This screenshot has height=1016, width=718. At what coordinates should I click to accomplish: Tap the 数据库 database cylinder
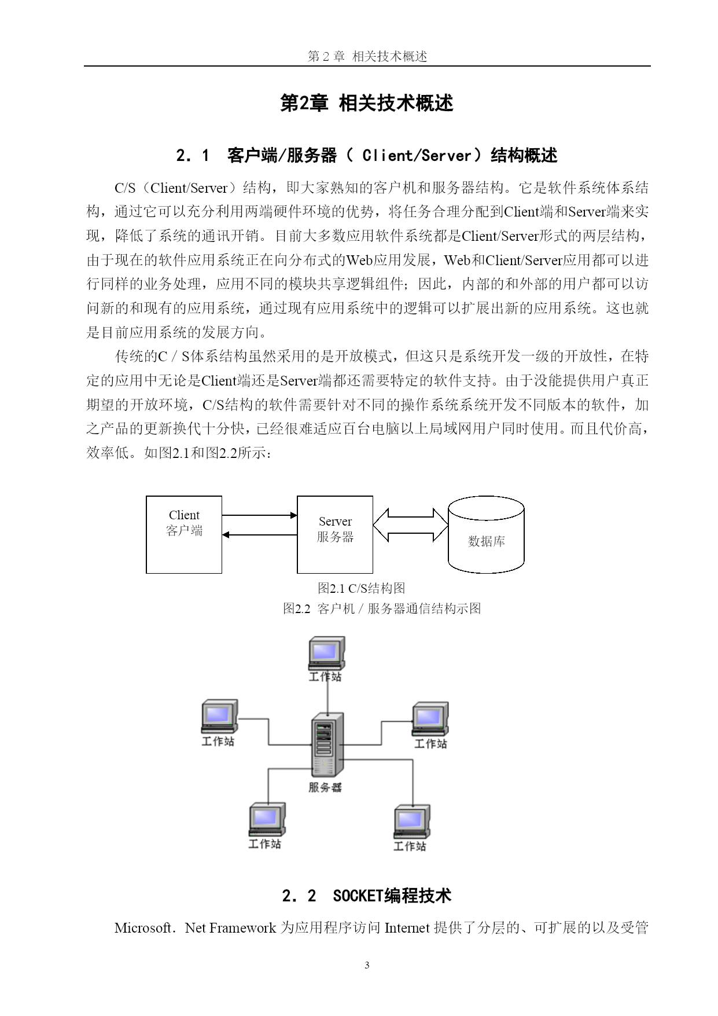click(x=486, y=534)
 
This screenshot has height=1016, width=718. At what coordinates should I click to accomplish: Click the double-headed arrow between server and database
click(x=410, y=525)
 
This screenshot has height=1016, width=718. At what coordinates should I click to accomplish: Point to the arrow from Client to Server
click(x=260, y=515)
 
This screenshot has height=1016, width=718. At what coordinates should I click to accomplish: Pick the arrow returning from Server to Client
click(x=260, y=535)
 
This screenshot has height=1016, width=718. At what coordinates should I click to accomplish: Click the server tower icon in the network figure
click(x=327, y=744)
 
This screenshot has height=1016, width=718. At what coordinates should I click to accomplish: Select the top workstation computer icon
click(x=327, y=653)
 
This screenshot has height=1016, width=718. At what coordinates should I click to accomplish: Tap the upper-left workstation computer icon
click(x=219, y=717)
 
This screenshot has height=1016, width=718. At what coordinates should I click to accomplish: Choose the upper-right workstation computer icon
click(x=430, y=719)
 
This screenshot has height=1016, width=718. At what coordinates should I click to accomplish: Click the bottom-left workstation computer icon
click(x=267, y=820)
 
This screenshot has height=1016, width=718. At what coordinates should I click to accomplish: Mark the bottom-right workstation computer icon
click(x=412, y=821)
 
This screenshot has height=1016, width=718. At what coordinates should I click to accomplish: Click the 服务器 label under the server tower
click(x=325, y=787)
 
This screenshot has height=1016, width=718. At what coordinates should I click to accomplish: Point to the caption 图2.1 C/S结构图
click(x=361, y=588)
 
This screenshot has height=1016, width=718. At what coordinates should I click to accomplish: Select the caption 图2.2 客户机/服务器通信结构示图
click(x=382, y=608)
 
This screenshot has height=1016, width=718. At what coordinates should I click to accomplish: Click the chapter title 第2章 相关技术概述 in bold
click(x=367, y=103)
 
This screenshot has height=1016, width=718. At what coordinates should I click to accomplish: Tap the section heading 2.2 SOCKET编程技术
click(x=366, y=896)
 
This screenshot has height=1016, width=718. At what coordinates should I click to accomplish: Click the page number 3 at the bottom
click(x=367, y=965)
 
